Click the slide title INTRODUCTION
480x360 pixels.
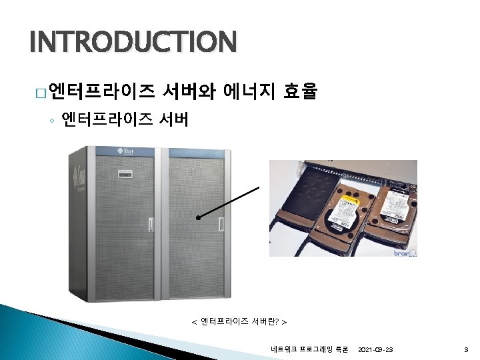point(133,43)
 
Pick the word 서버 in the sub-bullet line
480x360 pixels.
point(175,120)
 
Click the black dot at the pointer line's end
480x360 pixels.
point(198,217)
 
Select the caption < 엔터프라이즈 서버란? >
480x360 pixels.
point(239,322)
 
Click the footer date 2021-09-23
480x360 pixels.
point(375,349)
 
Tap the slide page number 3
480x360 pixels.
point(465,349)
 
